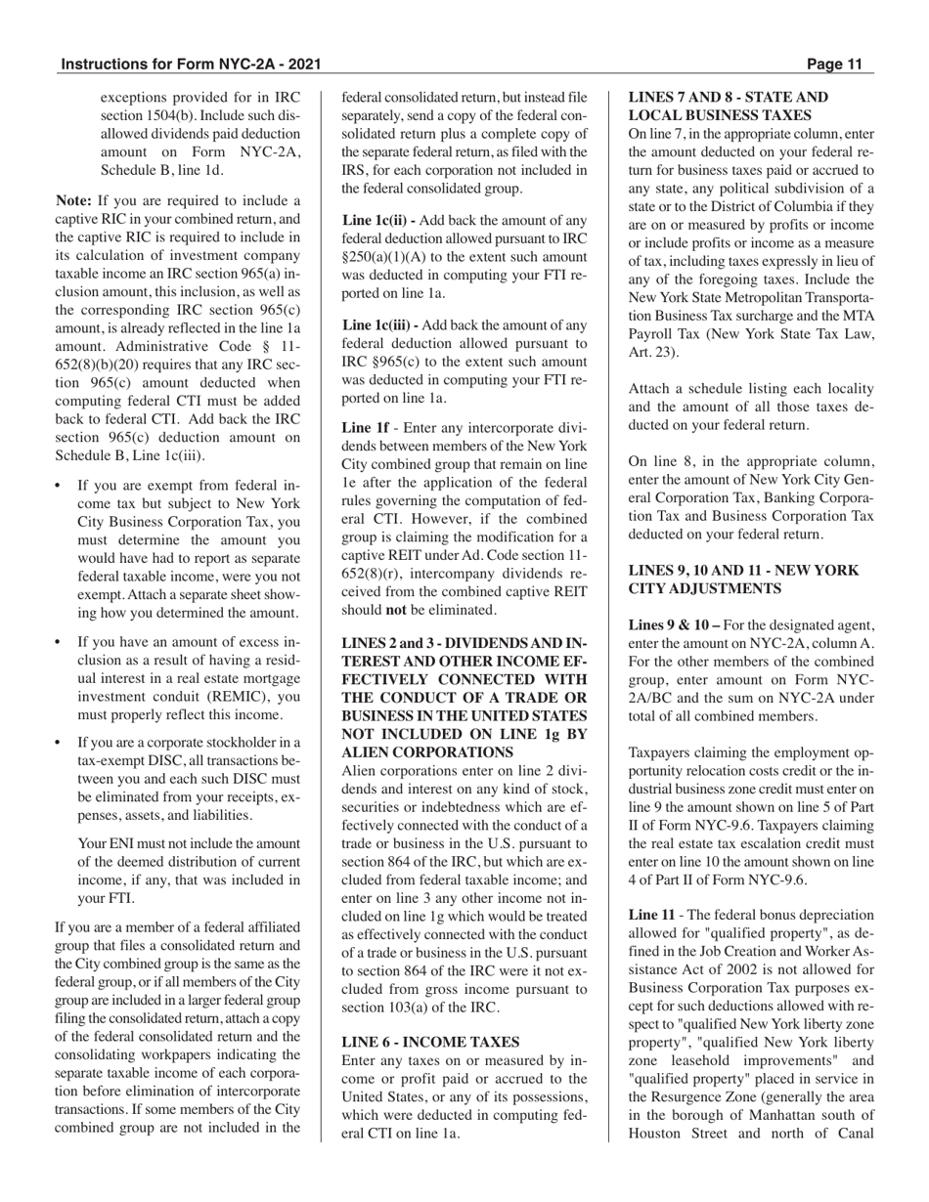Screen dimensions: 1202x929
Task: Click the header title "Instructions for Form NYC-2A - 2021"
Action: [191, 65]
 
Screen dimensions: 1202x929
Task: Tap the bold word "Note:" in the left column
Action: [74, 200]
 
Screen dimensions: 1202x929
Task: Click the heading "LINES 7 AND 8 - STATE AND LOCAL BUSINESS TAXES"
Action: [728, 107]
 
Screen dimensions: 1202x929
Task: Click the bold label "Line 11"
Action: [651, 915]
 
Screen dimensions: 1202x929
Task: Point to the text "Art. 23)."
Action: [656, 352]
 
